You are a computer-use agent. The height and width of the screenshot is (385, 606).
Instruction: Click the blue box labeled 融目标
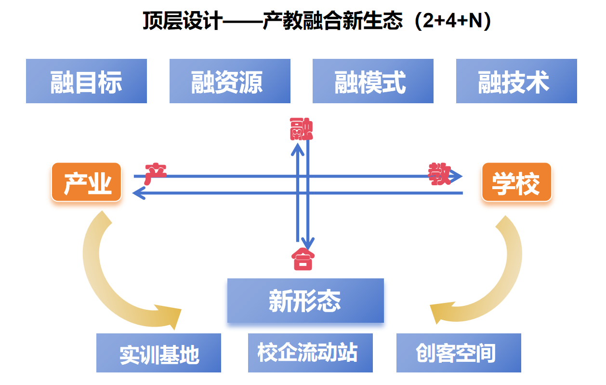coord(86,81)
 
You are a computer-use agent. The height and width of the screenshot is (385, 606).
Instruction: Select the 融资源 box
coord(230,81)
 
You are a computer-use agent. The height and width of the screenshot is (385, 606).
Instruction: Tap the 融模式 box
coord(373,81)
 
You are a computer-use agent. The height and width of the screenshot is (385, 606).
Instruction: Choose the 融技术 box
coord(516,81)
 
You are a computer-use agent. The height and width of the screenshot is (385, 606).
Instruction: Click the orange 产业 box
coord(86,182)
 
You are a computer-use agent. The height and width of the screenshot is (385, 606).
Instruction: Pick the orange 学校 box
coord(516,182)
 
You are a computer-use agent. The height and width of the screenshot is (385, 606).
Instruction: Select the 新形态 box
coord(305,301)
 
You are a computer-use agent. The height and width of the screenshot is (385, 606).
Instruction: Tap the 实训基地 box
coord(158,353)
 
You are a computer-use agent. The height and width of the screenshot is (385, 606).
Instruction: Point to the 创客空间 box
coord(459,353)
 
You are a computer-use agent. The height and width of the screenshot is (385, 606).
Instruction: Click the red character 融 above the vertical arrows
coord(302,129)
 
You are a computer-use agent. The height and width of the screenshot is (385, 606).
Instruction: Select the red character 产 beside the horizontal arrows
coord(155,172)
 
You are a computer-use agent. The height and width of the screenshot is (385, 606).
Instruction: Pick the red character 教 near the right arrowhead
coord(439,174)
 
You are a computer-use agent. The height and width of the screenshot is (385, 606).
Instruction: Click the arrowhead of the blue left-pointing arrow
coord(138,193)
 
